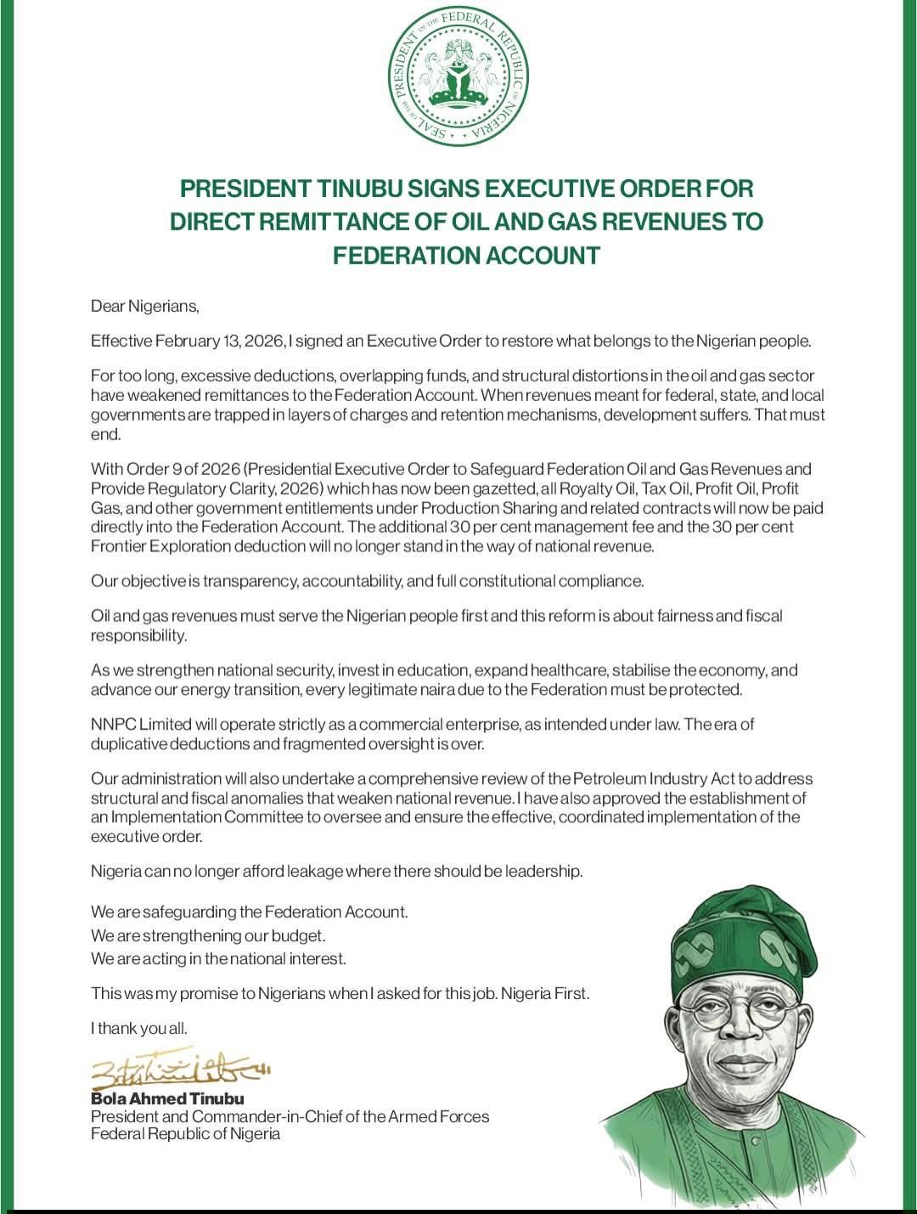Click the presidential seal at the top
(459, 82)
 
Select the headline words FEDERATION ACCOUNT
(466, 255)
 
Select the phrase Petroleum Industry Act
(646, 779)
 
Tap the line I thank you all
(139, 1029)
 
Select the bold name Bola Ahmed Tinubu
(167, 1098)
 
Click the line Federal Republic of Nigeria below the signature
(185, 1134)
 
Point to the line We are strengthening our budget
(208, 935)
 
